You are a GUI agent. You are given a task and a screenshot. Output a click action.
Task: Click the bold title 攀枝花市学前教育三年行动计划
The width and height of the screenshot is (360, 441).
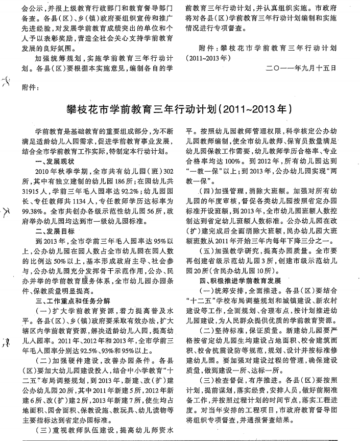179,109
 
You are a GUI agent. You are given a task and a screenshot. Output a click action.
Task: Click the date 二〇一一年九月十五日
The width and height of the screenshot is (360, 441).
301,68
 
